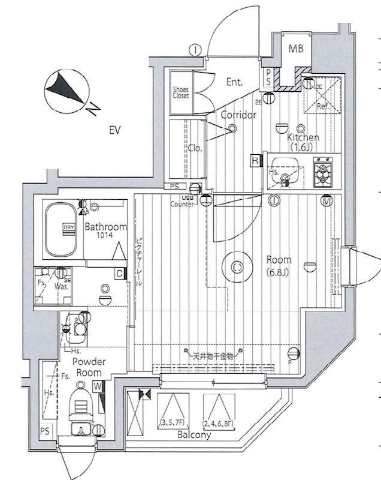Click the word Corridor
point(238,115)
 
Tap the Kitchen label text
point(303,137)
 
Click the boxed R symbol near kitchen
point(256,160)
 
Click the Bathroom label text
point(105,227)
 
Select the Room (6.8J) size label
point(279,265)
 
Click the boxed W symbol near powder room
point(97,388)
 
